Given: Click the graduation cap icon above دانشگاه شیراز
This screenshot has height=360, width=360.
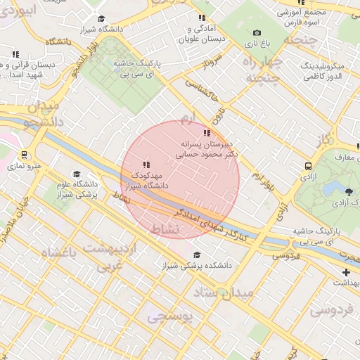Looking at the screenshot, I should [x=101, y=18].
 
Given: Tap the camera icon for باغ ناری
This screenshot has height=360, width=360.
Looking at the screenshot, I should [x=257, y=32].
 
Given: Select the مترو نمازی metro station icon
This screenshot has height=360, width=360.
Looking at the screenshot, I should [x=25, y=155].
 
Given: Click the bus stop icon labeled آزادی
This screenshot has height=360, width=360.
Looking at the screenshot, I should [x=309, y=166].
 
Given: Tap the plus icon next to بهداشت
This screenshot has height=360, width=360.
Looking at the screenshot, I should [x=345, y=272].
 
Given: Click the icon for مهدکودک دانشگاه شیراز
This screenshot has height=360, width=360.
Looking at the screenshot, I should [x=146, y=165].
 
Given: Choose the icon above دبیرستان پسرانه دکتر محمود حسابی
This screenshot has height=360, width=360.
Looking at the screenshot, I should [x=206, y=133].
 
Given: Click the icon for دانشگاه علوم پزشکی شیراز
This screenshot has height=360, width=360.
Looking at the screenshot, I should [x=77, y=174].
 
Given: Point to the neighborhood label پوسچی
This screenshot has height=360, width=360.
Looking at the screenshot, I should [x=169, y=318].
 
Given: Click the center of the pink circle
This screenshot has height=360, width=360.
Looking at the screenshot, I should [x=180, y=180].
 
